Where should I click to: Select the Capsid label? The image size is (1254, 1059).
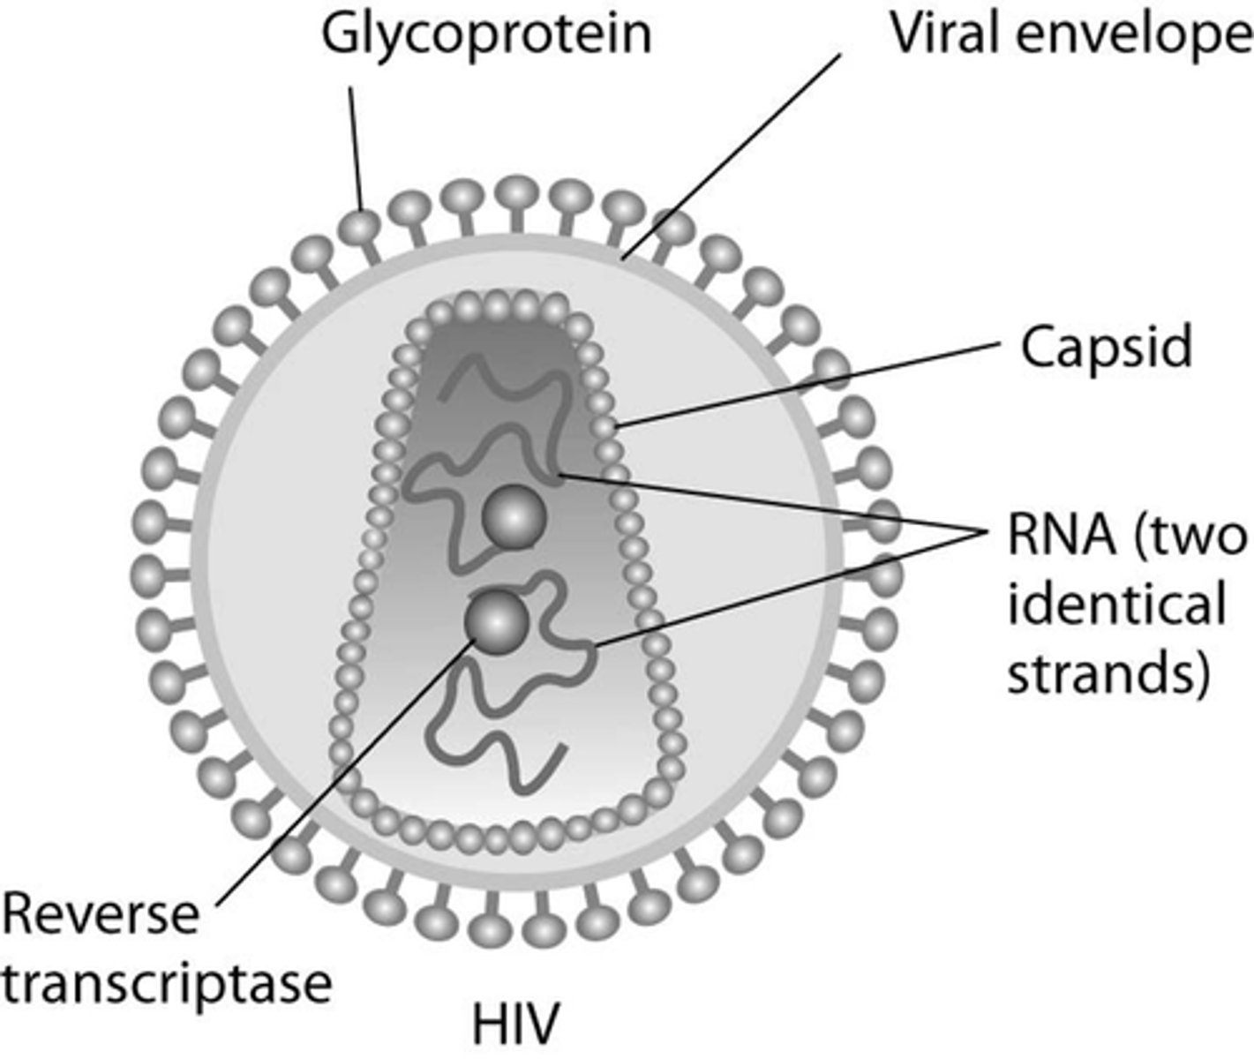[1107, 347]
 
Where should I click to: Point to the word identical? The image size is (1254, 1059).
[1116, 605]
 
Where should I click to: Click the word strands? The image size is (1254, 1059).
[1108, 674]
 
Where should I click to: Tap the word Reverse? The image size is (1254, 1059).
[100, 914]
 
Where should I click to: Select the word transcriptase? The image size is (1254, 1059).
[166, 981]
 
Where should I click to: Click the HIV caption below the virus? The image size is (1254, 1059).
[516, 1025]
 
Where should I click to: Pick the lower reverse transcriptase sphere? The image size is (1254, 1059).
[497, 621]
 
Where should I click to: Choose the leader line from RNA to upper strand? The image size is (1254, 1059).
[768, 503]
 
